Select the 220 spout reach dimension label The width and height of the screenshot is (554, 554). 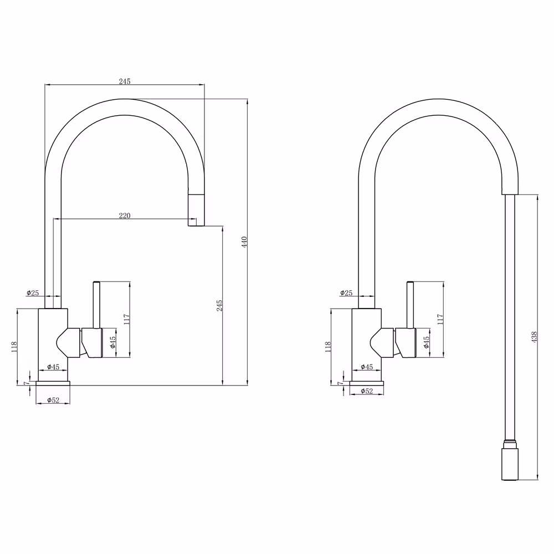pyautogui.click(x=124, y=215)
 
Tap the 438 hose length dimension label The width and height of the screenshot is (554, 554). pyautogui.click(x=534, y=337)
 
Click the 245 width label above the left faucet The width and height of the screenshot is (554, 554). pyautogui.click(x=124, y=81)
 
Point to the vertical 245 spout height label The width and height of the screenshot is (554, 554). pyautogui.click(x=219, y=306)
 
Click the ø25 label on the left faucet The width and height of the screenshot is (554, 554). pyautogui.click(x=33, y=293)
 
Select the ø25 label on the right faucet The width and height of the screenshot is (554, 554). pyautogui.click(x=346, y=293)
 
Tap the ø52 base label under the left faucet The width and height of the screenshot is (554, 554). pyautogui.click(x=53, y=400)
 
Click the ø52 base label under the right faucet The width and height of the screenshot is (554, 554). pyautogui.click(x=367, y=391)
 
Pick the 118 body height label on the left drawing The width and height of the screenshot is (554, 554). pyautogui.click(x=14, y=347)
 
